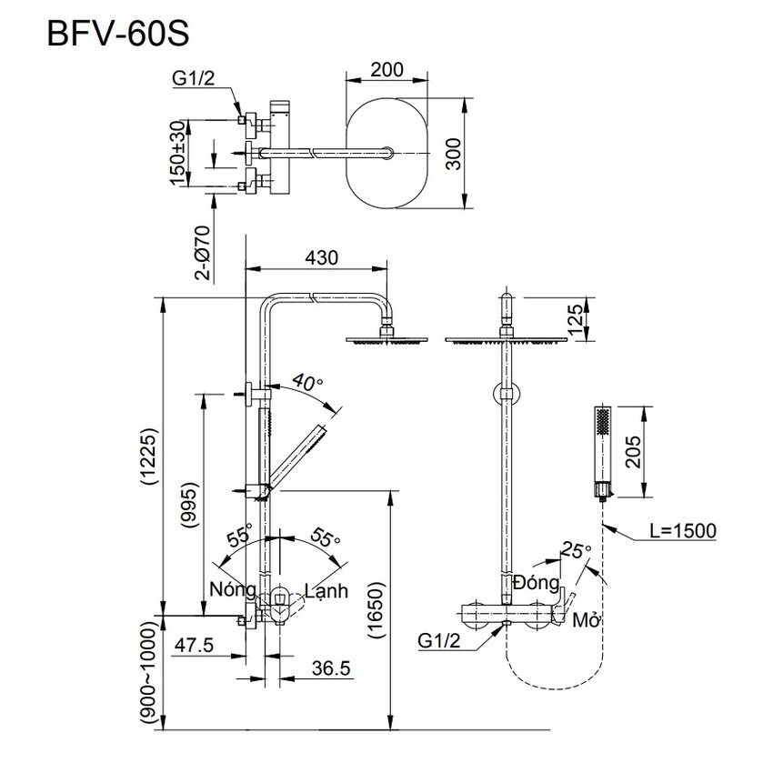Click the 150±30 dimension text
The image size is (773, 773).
pyautogui.click(x=177, y=153)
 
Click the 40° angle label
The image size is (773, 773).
pyautogui.click(x=308, y=382)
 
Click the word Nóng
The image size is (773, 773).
pyautogui.click(x=232, y=590)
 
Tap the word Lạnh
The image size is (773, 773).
pyautogui.click(x=326, y=590)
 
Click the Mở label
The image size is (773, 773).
pyautogui.click(x=585, y=620)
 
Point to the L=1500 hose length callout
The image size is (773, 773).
pyautogui.click(x=682, y=531)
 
